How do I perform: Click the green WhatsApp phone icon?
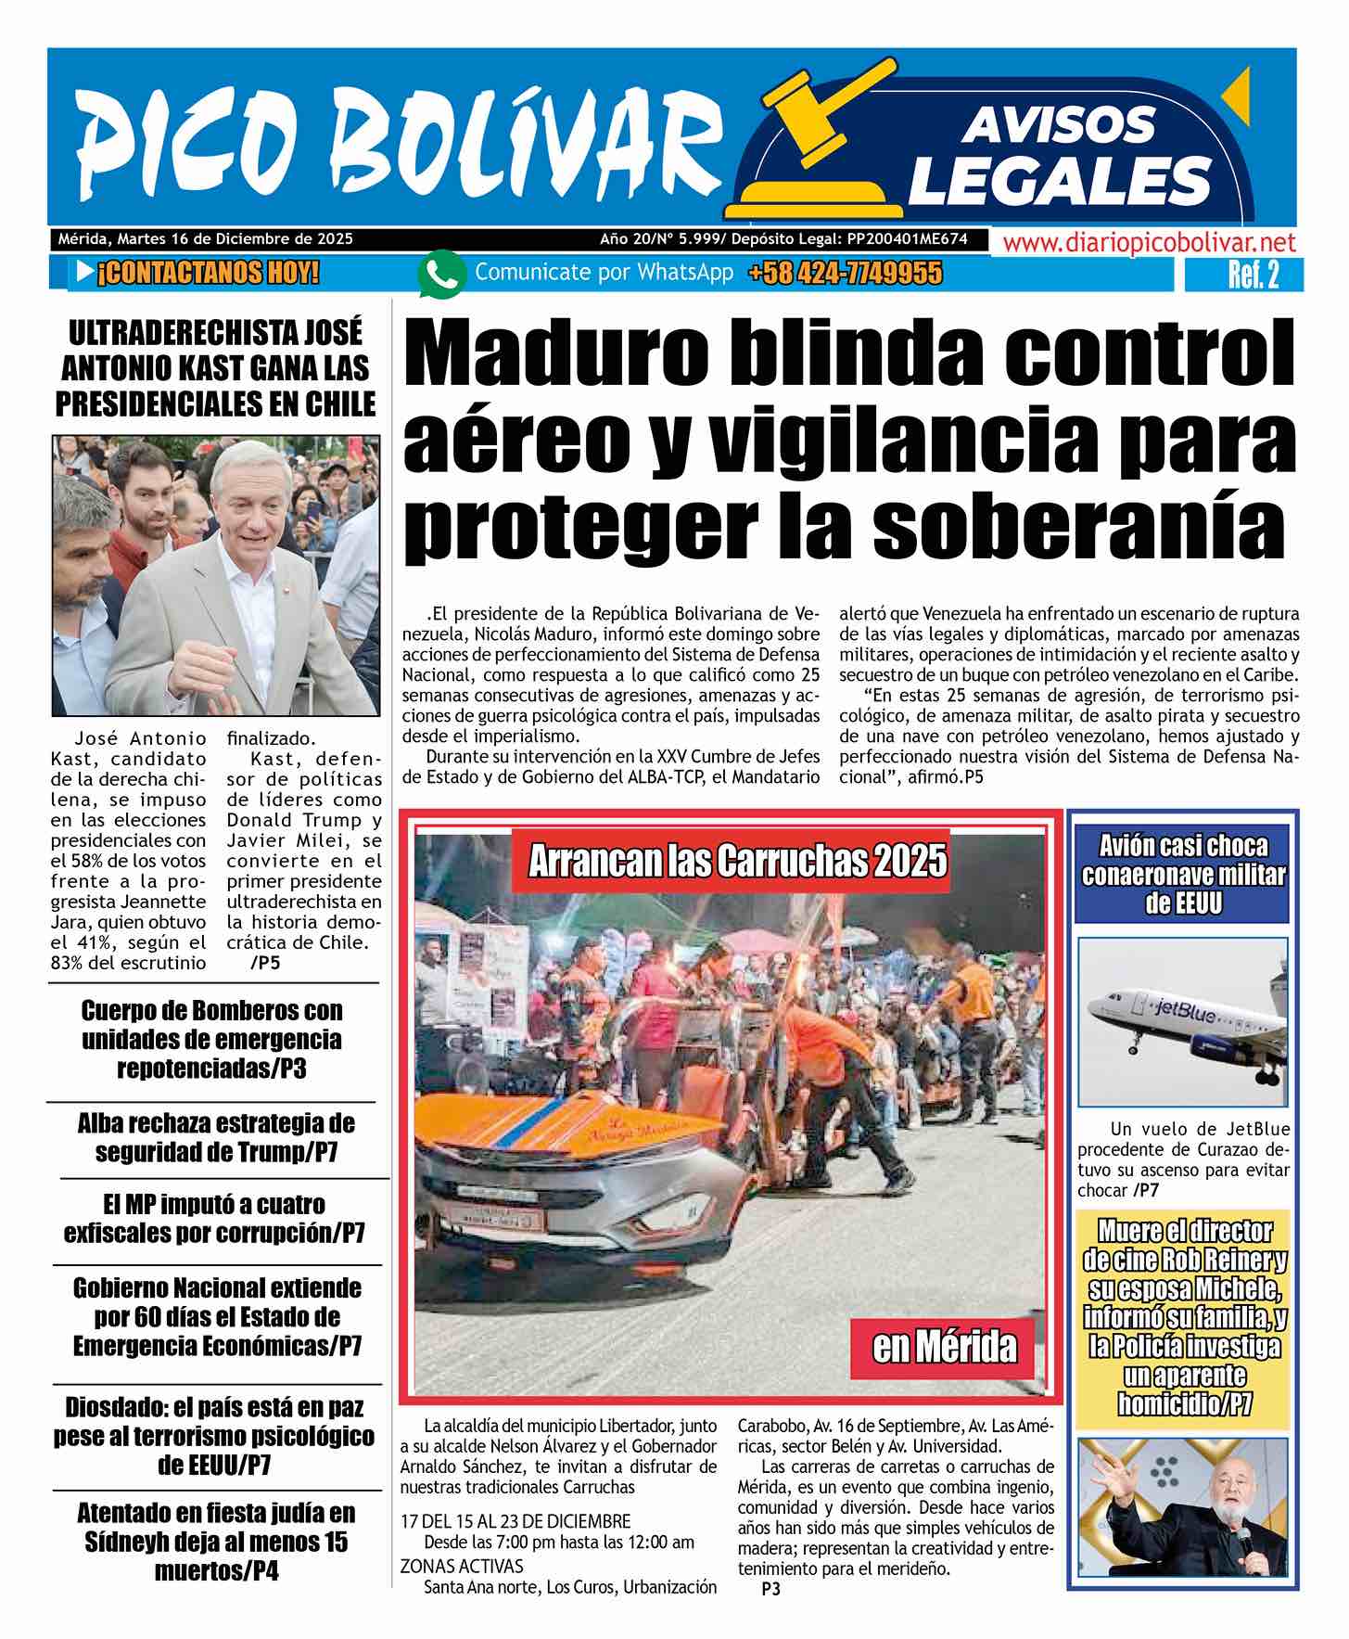click(440, 275)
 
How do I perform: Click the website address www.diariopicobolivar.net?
click(1149, 244)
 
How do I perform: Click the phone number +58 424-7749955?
click(845, 274)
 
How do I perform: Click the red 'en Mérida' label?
click(944, 1346)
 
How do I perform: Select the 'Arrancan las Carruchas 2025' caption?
click(737, 862)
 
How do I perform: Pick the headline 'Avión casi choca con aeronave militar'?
click(1183, 874)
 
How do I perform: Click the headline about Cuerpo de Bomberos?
click(211, 1039)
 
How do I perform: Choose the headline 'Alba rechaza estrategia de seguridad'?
click(215, 1137)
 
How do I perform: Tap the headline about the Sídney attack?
click(215, 1541)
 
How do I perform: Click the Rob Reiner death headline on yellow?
click(1183, 1317)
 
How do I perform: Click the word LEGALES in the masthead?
click(1060, 180)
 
